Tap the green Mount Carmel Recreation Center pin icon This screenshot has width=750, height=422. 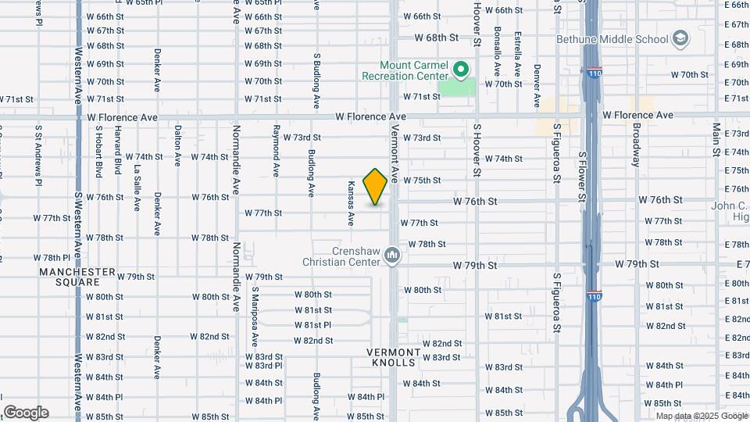pos(461,71)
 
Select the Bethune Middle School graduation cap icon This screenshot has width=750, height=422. pos(680,39)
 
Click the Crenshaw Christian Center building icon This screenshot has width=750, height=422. pos(393,255)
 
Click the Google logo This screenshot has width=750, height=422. pos(26,413)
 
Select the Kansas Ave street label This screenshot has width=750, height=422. pos(351,203)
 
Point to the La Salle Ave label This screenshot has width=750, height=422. pos(137,188)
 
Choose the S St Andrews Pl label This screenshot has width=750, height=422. pos(37,156)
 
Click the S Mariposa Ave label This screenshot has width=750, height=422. pos(255,316)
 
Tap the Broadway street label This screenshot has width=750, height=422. pos(637,145)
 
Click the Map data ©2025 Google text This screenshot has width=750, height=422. pos(700,416)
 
